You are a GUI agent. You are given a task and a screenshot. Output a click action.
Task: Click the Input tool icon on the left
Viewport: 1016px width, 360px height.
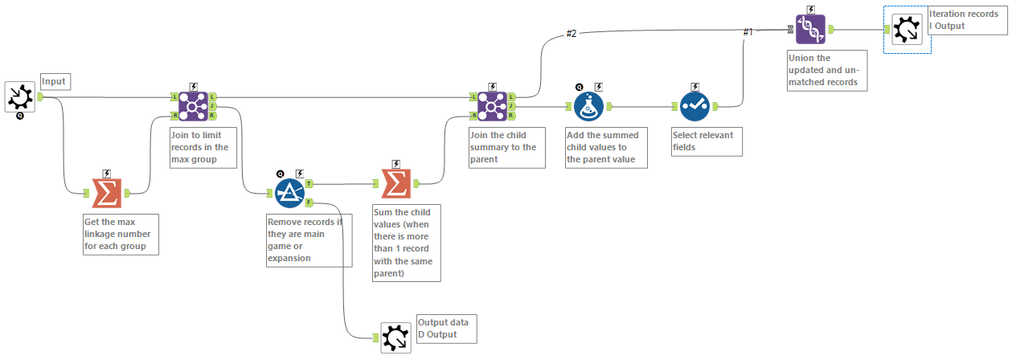[x=19, y=96]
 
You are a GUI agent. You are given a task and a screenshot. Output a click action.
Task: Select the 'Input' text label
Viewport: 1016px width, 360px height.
[x=55, y=81]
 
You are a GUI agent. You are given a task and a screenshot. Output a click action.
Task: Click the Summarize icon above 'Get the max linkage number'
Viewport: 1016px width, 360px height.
[x=106, y=193]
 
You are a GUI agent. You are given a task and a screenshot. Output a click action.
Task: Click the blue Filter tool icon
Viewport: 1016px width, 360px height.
[x=289, y=193]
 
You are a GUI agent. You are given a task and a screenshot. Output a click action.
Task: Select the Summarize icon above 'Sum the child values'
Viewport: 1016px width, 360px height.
[x=394, y=183]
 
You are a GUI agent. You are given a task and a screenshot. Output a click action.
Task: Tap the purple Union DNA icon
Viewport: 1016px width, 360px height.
[x=810, y=30]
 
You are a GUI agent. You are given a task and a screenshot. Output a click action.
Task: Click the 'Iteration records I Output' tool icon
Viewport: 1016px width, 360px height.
[x=907, y=30]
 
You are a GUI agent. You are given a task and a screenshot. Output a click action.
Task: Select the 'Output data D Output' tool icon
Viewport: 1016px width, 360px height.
[x=395, y=337]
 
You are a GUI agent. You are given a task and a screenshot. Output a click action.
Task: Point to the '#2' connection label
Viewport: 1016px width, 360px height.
[x=571, y=33]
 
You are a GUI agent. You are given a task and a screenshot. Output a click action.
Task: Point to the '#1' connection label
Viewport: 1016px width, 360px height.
[x=748, y=32]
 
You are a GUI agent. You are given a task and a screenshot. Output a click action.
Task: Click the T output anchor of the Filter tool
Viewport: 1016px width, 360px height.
[x=309, y=183]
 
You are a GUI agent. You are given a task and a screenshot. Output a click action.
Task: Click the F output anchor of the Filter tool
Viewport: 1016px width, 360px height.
[x=309, y=202]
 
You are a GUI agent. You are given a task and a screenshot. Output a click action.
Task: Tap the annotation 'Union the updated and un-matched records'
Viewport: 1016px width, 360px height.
[x=827, y=70]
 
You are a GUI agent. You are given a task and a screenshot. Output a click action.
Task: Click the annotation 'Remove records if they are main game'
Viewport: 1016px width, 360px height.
[x=309, y=239]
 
